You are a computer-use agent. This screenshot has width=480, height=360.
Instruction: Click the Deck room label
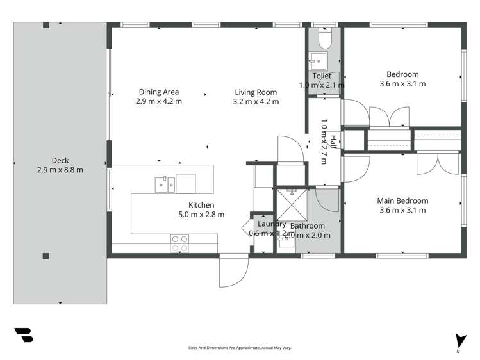pos(60,160)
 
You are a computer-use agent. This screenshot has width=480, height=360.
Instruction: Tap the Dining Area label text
pos(158,92)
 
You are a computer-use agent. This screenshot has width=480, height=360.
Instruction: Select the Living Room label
pos(256,92)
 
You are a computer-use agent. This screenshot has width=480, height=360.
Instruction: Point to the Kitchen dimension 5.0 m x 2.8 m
pos(201,215)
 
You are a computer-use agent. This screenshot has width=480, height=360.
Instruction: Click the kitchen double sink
pos(163,184)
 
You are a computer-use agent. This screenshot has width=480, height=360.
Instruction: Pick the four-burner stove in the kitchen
pos(179,243)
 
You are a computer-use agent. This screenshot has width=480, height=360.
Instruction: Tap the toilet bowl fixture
pos(324,40)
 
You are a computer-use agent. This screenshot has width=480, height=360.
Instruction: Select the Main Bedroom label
pos(402,200)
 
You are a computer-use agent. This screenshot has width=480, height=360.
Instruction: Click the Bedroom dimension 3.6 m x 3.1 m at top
pos(402,83)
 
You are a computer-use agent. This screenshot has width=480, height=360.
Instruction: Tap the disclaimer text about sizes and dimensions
pos(240,348)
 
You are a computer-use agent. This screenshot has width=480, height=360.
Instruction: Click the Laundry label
pos(272,224)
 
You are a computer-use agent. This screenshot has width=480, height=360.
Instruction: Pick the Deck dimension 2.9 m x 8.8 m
pos(60,170)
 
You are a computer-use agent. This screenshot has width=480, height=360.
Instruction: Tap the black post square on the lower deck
pos(46,256)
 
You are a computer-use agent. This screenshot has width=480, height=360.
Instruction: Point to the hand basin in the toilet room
pos(318,61)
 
